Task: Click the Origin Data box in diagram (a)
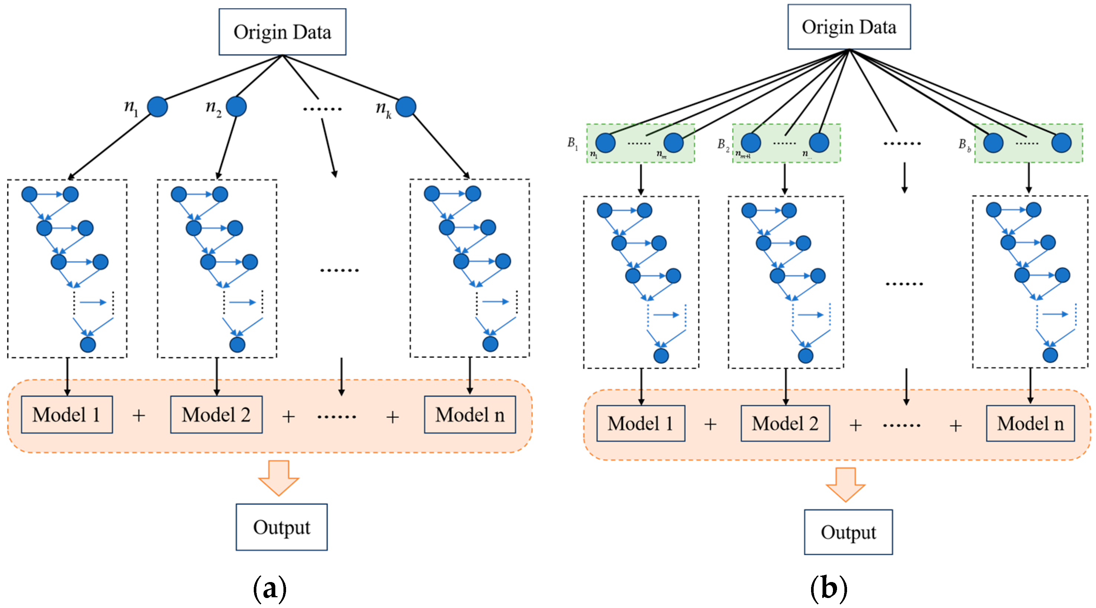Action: (282, 32)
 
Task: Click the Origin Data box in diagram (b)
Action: (849, 27)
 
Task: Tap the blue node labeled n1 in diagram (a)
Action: (157, 106)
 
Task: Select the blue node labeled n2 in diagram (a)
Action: (236, 106)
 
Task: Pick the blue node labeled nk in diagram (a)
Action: (406, 106)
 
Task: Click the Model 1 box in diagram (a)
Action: (67, 414)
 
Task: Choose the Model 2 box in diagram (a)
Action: (216, 414)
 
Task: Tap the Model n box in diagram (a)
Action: (470, 414)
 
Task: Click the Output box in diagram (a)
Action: (282, 527)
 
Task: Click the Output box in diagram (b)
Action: (849, 532)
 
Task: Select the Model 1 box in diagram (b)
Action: (641, 423)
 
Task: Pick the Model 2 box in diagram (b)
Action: (785, 423)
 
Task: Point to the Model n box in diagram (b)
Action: (1030, 423)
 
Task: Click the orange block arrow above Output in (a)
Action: (279, 478)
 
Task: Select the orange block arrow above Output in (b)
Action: (846, 484)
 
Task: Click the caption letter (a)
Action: (270, 589)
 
